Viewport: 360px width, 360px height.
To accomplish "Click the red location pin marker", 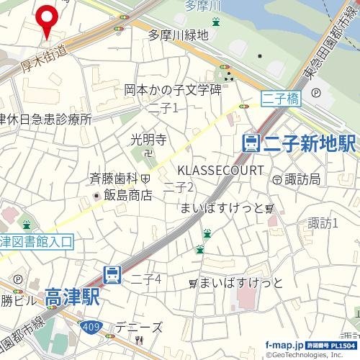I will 48,19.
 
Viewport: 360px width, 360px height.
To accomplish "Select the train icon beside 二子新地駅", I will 251,143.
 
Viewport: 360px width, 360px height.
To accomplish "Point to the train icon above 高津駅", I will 112,274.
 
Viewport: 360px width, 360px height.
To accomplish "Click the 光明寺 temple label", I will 149,139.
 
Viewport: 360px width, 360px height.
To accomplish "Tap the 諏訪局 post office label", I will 301,178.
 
